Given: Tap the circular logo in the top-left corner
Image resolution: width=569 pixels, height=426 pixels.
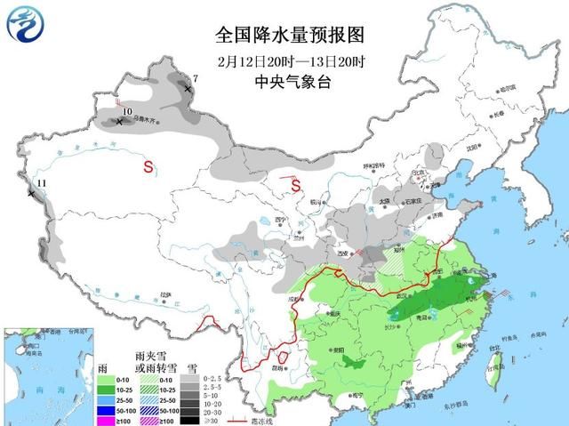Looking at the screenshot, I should coord(28,26).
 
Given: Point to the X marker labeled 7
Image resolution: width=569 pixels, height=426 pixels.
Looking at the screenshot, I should coord(188,89).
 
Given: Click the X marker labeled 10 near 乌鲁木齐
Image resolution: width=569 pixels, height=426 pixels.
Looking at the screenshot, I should coord(118,122).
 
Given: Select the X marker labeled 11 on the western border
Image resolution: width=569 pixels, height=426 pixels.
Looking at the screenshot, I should coord(31,192).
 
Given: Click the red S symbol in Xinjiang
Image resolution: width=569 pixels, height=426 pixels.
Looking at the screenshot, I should coord(149,166).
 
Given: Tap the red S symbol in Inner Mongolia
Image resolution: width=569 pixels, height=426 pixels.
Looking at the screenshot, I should coord(297,187).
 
